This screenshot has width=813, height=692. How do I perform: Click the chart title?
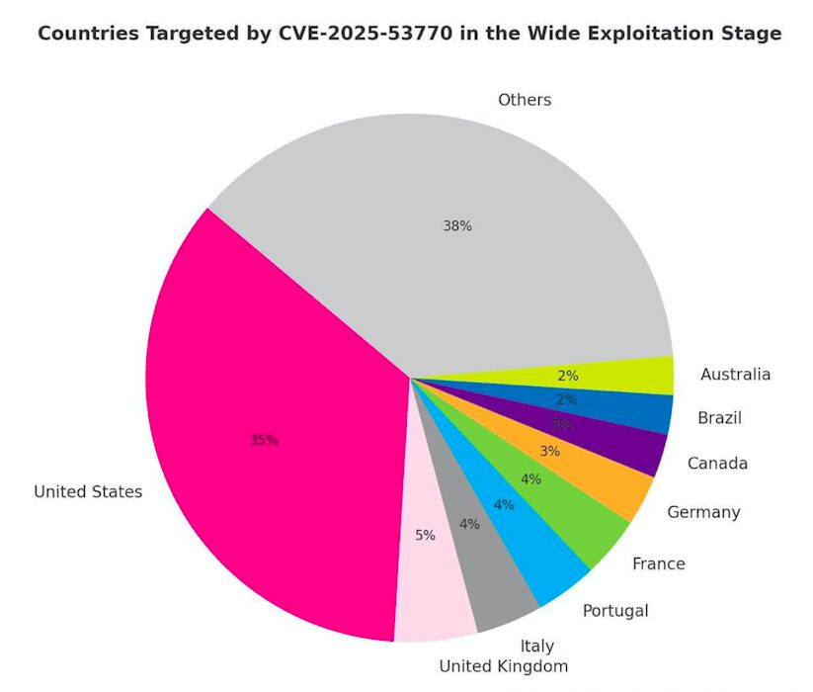409,34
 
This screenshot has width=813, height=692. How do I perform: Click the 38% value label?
457,225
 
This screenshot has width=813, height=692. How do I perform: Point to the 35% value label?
264,440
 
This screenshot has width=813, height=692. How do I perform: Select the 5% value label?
425,535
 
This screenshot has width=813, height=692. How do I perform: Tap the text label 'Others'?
525,100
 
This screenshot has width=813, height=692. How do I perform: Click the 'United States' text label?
88,491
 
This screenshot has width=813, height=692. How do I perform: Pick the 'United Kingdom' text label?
504,666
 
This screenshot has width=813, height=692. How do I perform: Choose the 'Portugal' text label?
615,611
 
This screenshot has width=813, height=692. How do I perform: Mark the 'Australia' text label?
735,375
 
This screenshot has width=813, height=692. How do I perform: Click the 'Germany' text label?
703,512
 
